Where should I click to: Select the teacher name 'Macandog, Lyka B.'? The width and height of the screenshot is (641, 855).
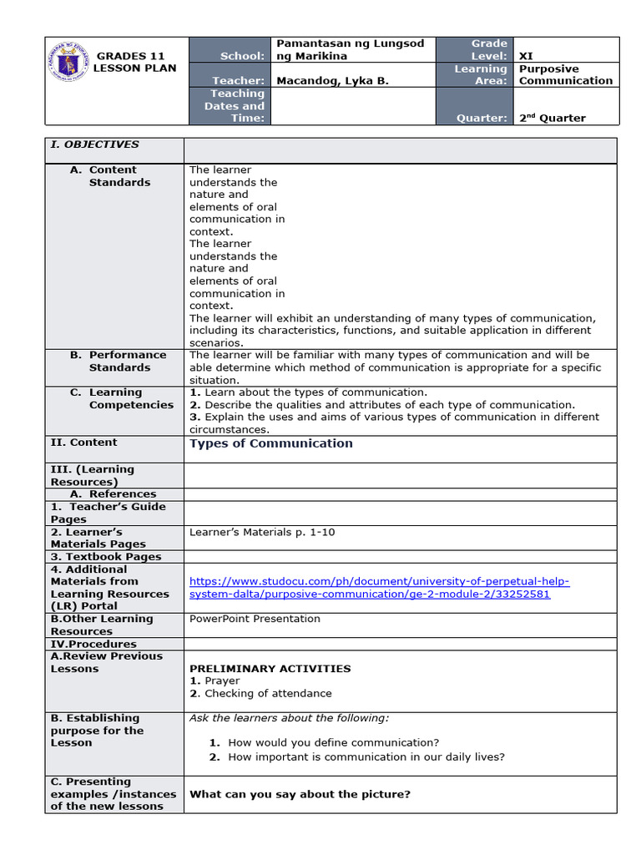pos(331,81)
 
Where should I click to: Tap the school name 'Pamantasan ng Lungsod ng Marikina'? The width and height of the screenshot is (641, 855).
pos(350,49)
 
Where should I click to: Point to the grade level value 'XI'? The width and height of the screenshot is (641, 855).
pos(526,56)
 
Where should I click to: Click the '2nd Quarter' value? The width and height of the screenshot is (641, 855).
pos(552,118)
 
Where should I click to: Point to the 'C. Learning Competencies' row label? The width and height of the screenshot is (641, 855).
pos(121,398)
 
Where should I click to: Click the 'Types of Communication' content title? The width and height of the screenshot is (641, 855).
pos(270,443)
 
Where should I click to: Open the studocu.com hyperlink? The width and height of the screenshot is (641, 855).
pos(379,588)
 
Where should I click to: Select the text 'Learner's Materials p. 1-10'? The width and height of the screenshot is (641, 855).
pos(262,532)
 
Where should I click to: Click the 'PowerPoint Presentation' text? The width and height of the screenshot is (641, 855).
pos(255,619)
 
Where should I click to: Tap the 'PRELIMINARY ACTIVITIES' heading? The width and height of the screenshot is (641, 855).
pos(270,668)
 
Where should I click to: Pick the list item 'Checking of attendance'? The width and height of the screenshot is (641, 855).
pos(267,693)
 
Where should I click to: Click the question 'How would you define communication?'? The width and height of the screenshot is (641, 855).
pos(333,742)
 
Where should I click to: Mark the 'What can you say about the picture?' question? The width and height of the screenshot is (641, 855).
pos(300,794)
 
